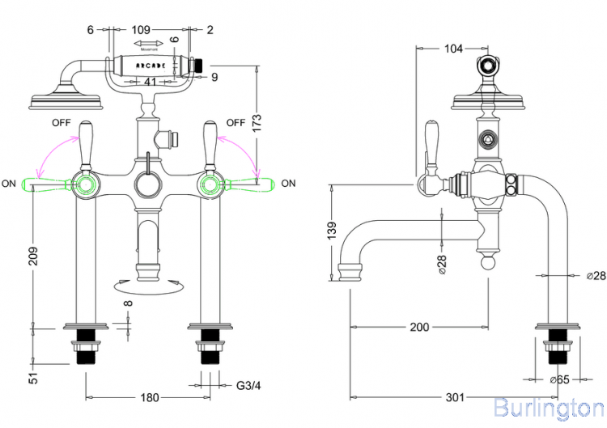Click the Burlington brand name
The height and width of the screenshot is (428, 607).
point(548,407)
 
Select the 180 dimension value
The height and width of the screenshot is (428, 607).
point(151,397)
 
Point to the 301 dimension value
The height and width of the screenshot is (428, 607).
point(455,397)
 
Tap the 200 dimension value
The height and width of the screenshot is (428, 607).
point(419,327)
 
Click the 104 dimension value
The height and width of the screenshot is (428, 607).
point(454,49)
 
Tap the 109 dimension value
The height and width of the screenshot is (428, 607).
point(146,30)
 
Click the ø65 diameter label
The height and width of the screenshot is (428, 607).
point(559,379)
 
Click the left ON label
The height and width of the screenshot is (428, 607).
point(10,184)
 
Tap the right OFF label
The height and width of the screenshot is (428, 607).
point(236,123)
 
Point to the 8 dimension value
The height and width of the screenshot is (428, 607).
point(128,306)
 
